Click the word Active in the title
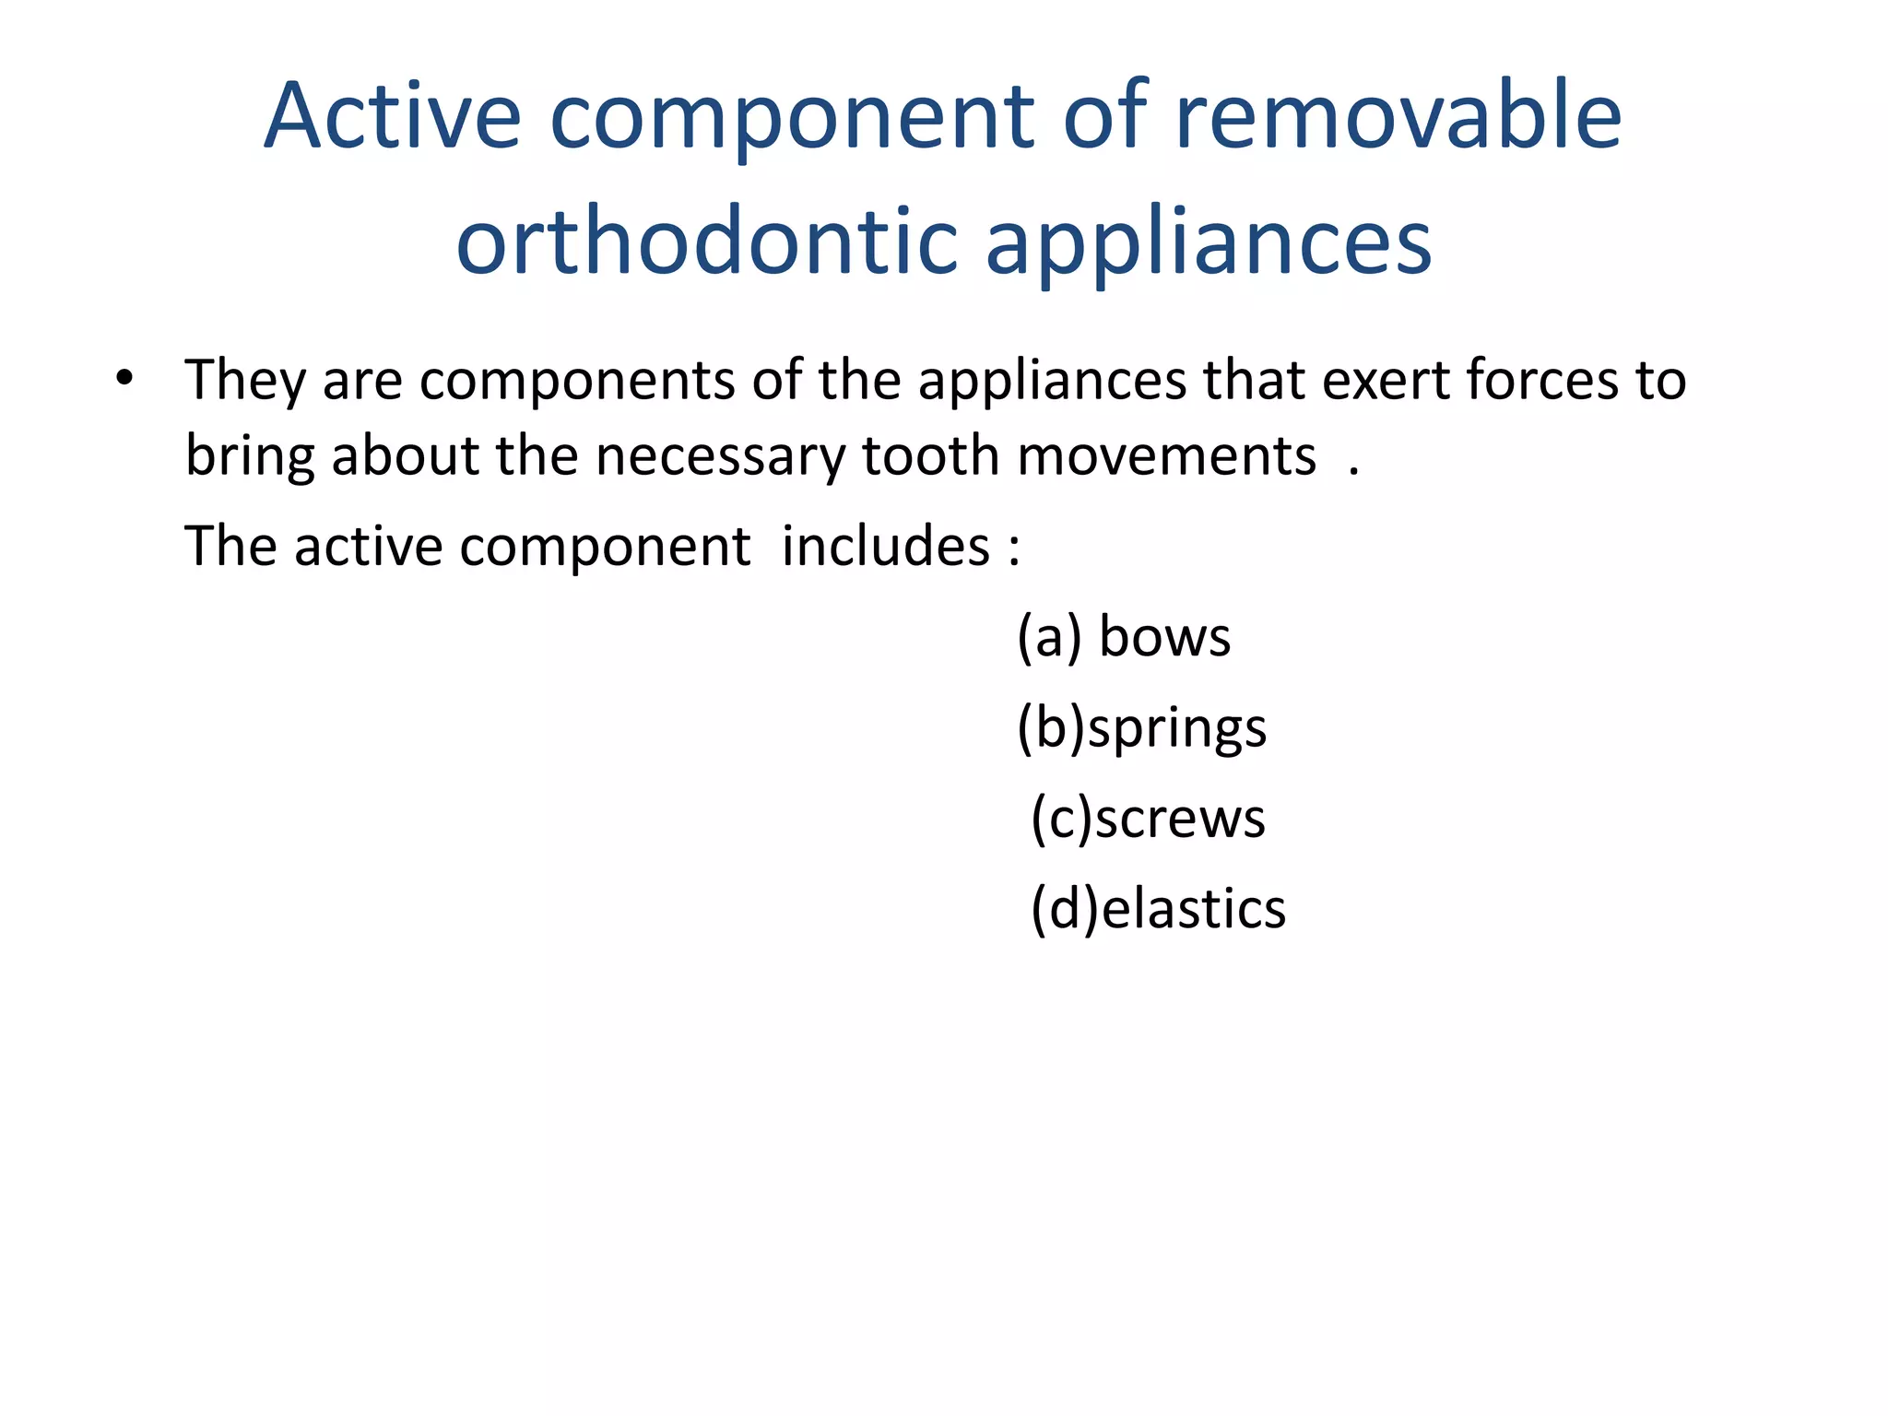pyautogui.click(x=393, y=117)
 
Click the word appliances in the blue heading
pyautogui.click(x=1208, y=242)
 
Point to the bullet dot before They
pyautogui.click(x=124, y=378)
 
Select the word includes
pyautogui.click(x=885, y=546)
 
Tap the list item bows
pyautogui.click(x=1164, y=637)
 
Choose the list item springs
pyautogui.click(x=1177, y=728)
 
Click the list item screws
pyautogui.click(x=1180, y=819)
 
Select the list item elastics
pyautogui.click(x=1194, y=909)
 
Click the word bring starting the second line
pyautogui.click(x=250, y=456)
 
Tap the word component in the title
pyautogui.click(x=791, y=117)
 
